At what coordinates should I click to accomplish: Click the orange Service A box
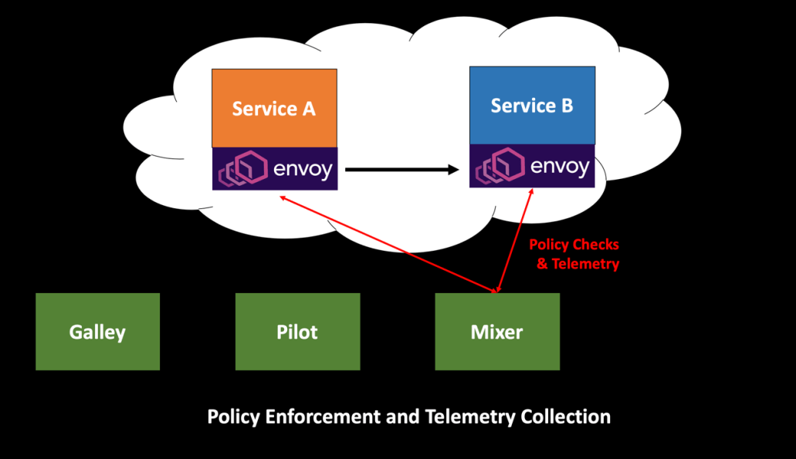(x=274, y=108)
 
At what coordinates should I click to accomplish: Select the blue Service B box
(x=532, y=106)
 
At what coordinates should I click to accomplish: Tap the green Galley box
(x=97, y=332)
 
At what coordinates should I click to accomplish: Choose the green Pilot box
(x=297, y=332)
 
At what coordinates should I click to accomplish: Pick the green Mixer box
(x=497, y=332)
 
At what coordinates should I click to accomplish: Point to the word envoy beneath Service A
(x=301, y=169)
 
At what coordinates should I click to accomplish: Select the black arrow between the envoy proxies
(x=401, y=169)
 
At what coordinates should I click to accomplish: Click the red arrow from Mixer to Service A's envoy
(x=386, y=243)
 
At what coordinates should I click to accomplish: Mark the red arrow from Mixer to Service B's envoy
(x=515, y=239)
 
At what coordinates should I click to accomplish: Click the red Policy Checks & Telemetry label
(x=574, y=254)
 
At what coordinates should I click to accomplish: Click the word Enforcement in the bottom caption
(x=324, y=417)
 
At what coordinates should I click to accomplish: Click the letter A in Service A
(x=307, y=109)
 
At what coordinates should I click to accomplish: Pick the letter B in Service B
(x=565, y=106)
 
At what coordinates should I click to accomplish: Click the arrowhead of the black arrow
(x=453, y=169)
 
